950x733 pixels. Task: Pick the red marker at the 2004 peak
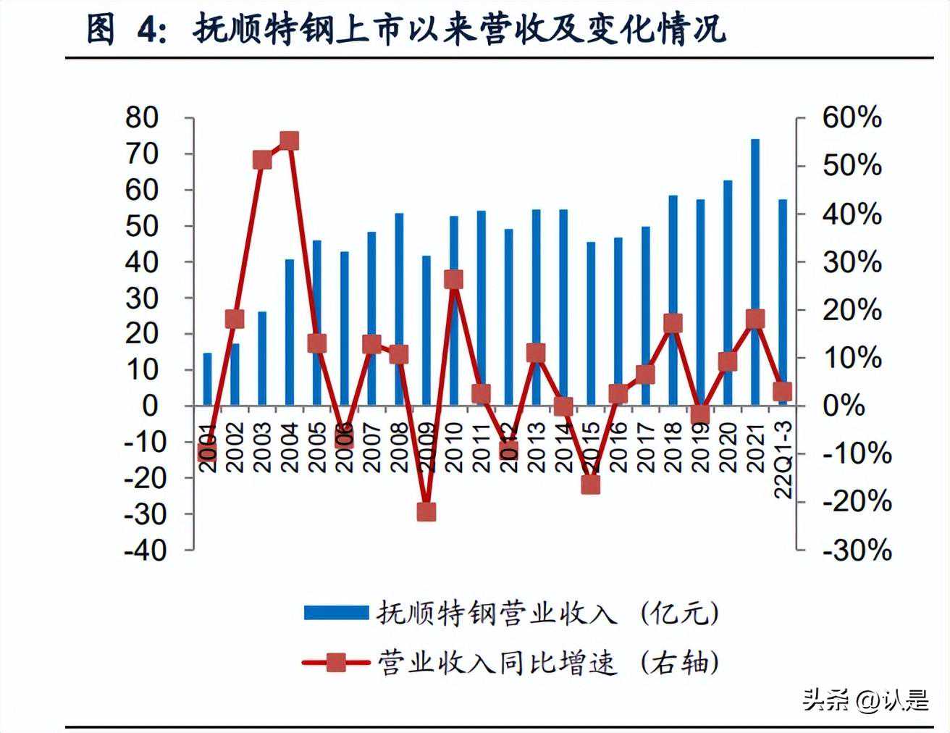290,141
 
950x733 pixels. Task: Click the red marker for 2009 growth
426,512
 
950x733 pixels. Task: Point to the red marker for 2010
454,280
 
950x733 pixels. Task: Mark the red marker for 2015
591,485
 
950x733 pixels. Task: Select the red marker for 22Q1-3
783,392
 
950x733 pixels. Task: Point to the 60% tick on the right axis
852,118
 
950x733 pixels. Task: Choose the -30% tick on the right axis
856,550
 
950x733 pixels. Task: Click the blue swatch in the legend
336,613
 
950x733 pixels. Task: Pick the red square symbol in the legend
336,662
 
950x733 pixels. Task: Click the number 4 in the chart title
148,30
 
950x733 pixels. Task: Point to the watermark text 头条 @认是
865,700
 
